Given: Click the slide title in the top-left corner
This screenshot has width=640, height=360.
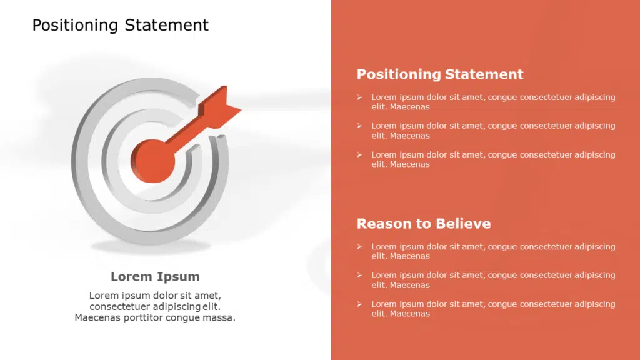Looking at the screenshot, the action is [121, 25].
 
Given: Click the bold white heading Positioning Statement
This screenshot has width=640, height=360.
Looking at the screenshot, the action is [440, 74].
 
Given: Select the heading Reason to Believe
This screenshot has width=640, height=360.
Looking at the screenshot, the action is [424, 224].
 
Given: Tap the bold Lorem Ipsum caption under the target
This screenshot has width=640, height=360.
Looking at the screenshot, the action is [155, 277].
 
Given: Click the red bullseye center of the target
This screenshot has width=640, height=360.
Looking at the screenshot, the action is [152, 161].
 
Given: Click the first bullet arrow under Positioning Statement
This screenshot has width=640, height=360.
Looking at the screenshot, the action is [359, 97].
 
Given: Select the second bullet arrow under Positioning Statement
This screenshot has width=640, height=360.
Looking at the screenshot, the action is [359, 126].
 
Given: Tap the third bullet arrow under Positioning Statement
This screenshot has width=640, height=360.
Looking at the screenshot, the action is [359, 155].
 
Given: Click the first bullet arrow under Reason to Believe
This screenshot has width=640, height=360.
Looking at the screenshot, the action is [359, 246].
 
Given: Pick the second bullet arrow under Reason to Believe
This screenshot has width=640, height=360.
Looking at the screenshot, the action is [359, 275].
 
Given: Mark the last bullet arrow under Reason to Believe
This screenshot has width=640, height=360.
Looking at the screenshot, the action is [359, 304].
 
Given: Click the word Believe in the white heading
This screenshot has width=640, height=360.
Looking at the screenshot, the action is [463, 224].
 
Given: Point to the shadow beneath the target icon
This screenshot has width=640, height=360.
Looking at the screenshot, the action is [151, 246].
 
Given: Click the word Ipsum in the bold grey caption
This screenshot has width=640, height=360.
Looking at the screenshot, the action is [177, 277].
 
